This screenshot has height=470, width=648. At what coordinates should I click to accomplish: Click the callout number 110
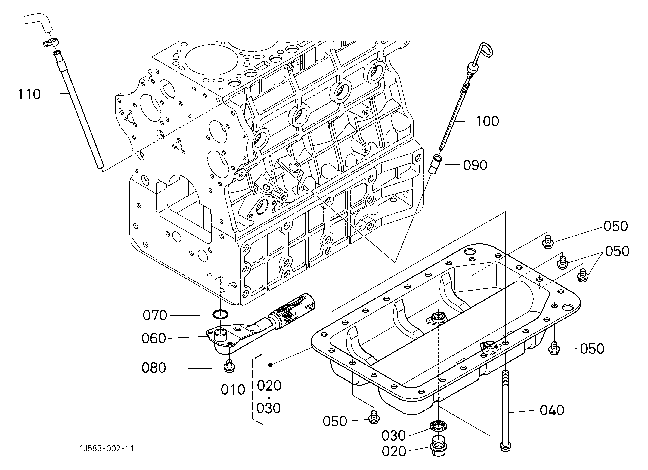29,94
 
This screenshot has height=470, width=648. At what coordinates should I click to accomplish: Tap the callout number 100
487,121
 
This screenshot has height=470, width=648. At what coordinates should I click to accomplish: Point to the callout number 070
155,316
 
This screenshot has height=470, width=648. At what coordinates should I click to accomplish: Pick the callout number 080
154,368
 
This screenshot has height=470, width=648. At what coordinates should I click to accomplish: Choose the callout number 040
552,410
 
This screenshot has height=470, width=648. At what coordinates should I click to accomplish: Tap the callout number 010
233,390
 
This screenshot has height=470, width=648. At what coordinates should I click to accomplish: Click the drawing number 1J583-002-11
107,449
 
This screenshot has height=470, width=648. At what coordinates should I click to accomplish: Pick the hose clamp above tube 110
51,43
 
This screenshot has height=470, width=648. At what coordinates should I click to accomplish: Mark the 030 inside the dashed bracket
268,408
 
